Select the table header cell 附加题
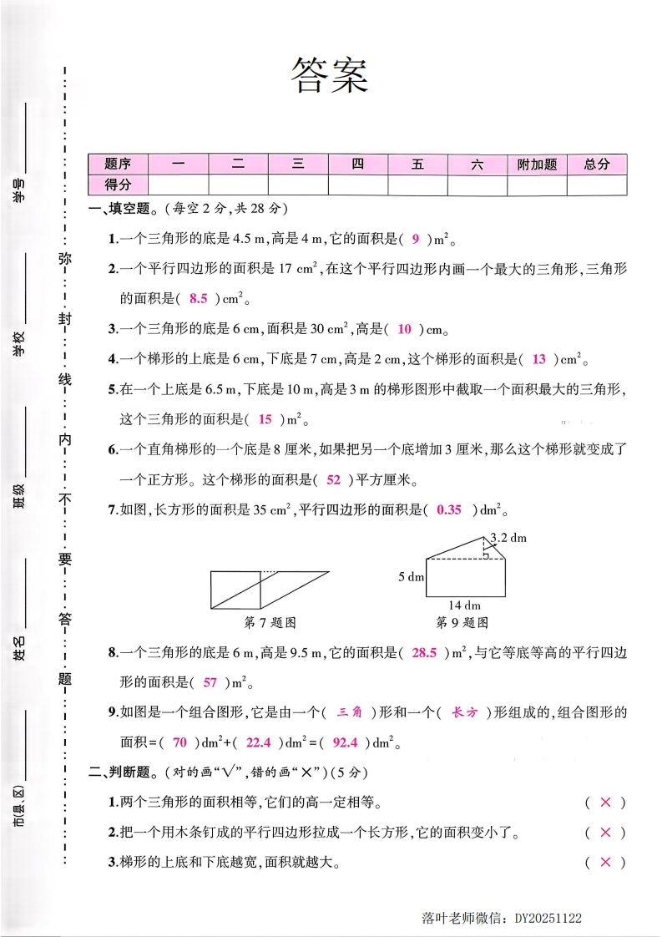pos(537,165)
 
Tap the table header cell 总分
pos(597,165)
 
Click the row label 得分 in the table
pos(118,185)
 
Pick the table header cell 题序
pos(118,165)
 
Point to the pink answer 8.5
pos(198,298)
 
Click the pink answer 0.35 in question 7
pos(449,509)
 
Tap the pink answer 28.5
pos(425,652)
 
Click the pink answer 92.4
pos(345,742)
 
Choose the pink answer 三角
pos(348,712)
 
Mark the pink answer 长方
pos(464,712)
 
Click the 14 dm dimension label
pos(465,605)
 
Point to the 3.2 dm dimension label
pos(508,537)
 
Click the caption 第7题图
pos(270,622)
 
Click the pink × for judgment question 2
pos(606,832)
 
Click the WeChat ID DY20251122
pos(548,918)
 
